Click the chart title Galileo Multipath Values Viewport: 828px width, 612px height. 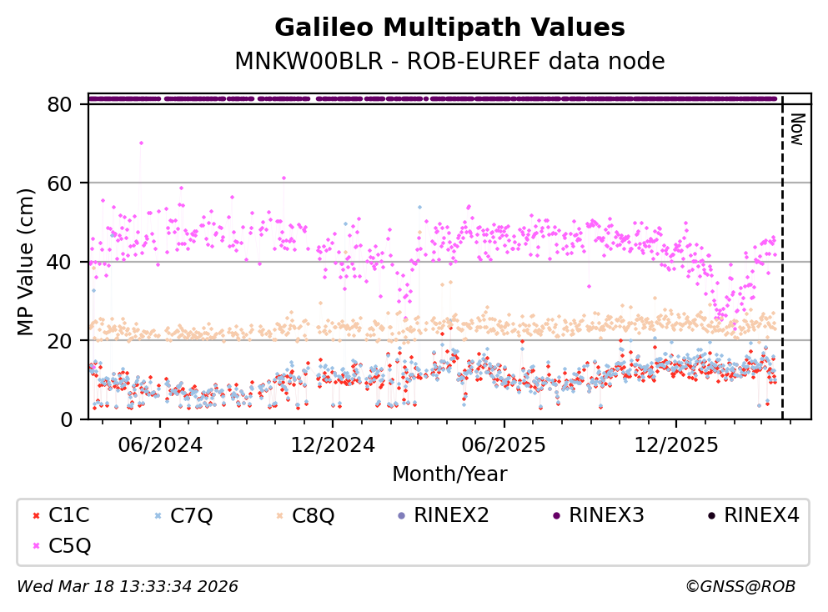449,28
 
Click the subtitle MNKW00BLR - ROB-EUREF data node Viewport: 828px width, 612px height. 449,62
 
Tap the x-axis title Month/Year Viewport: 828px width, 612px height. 449,474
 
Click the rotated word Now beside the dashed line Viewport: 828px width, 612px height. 796,128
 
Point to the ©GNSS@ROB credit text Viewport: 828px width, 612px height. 740,587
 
